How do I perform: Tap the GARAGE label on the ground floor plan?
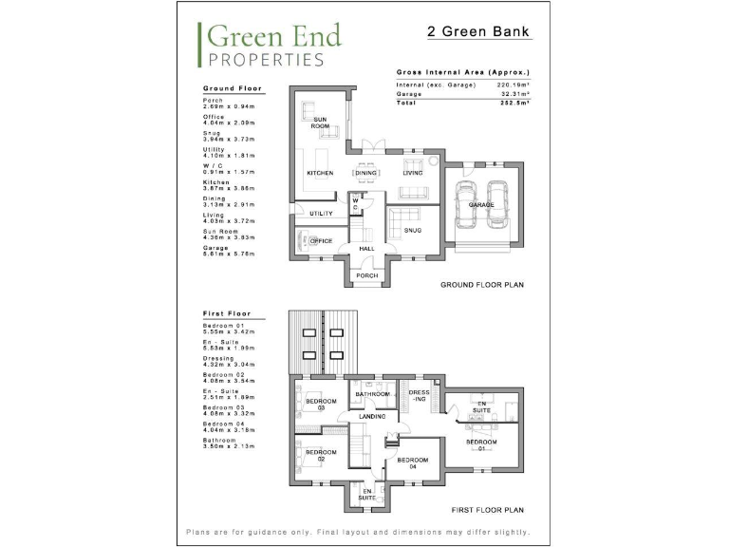coord(481,204)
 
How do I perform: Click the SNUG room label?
coord(412,230)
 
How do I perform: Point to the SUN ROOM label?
coord(320,122)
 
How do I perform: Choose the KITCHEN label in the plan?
coord(319,173)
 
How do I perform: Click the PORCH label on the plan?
coord(366,275)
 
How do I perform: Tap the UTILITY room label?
coord(321,214)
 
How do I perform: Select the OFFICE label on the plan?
coord(321,241)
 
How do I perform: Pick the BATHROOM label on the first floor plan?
coord(372,394)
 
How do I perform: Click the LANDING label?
coord(372,416)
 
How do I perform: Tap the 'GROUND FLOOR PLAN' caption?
coord(482,284)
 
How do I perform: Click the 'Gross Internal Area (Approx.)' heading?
coord(462,72)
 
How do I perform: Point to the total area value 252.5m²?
coord(514,103)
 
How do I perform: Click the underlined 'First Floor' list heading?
coord(225,312)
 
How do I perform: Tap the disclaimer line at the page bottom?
coord(358,532)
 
